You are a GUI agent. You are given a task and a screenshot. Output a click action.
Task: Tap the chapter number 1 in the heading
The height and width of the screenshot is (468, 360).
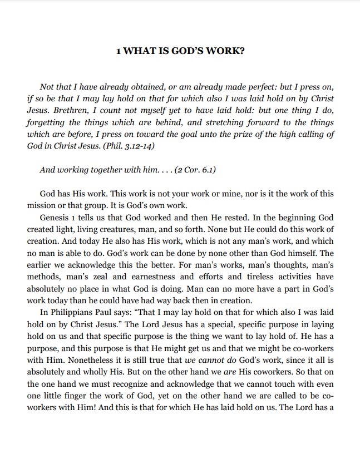click(118, 51)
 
